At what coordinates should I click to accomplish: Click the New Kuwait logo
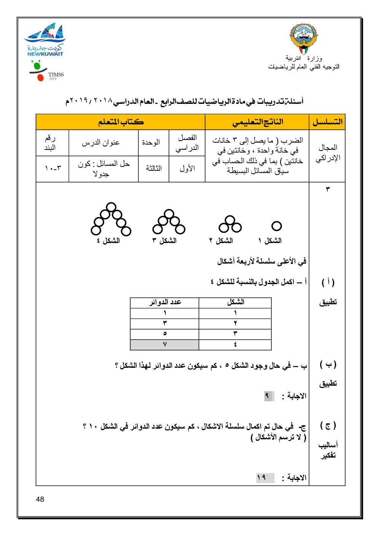(45, 40)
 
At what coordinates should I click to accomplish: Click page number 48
(40, 499)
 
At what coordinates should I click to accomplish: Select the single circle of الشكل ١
(277, 226)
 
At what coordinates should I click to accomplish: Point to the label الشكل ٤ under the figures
(108, 241)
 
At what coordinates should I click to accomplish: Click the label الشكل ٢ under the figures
(221, 241)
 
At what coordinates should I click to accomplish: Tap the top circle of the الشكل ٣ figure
(169, 214)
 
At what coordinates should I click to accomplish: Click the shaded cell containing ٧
(164, 345)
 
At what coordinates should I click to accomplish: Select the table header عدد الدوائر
(164, 302)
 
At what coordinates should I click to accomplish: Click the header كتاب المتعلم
(121, 122)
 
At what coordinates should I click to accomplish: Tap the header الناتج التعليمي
(257, 122)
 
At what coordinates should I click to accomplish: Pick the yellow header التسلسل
(327, 122)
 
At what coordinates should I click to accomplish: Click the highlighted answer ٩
(268, 396)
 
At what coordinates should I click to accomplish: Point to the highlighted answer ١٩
(262, 478)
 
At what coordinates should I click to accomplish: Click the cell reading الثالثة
(153, 168)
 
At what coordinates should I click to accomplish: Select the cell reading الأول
(187, 168)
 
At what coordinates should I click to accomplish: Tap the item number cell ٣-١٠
(53, 168)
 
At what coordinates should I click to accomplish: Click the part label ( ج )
(328, 426)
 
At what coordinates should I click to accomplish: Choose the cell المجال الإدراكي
(327, 153)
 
